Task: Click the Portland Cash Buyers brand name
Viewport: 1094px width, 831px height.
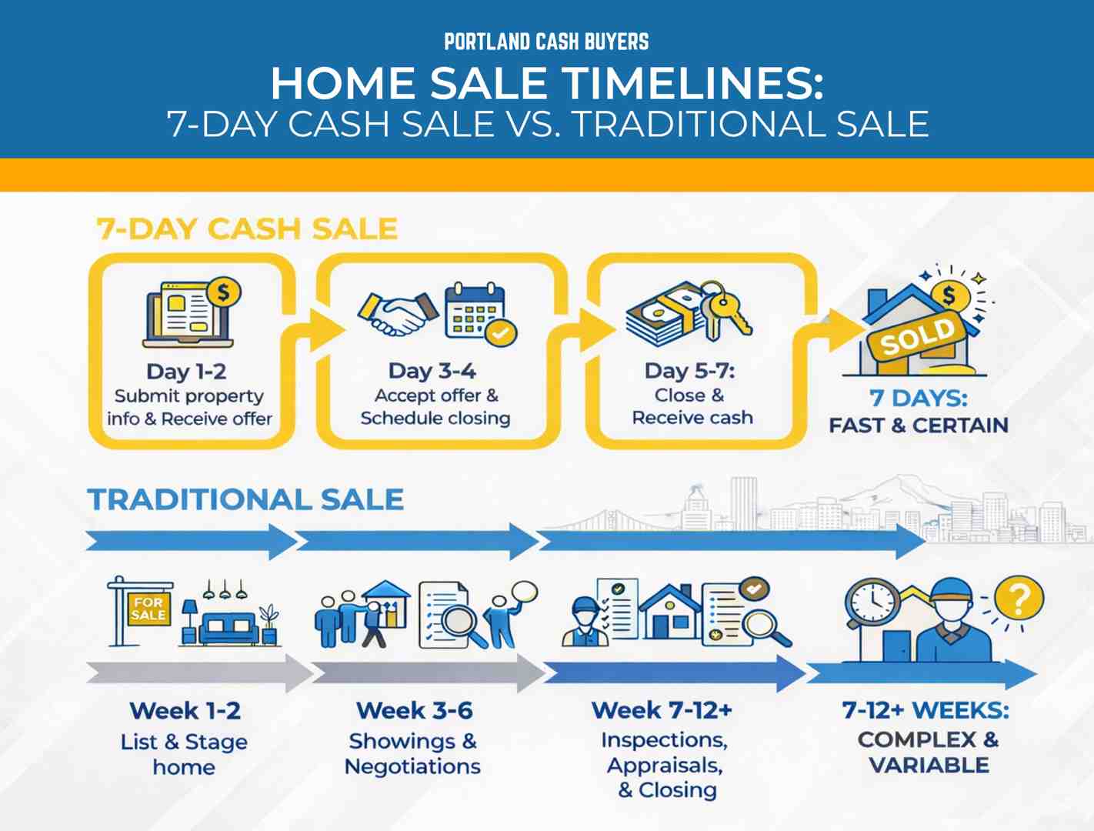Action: [x=546, y=42]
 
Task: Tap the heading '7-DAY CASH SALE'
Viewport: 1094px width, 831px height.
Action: [x=247, y=229]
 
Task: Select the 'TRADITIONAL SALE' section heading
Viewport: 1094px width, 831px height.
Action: [x=245, y=499]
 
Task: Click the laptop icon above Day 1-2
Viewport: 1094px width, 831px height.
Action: [x=188, y=315]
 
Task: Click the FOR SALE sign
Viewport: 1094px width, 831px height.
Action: [x=148, y=609]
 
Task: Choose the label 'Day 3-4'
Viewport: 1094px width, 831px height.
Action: [x=432, y=371]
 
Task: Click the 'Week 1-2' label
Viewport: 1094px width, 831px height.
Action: [x=185, y=710]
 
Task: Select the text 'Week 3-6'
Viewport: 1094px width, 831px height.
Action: [x=414, y=710]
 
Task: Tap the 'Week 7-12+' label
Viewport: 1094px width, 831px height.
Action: [x=662, y=709]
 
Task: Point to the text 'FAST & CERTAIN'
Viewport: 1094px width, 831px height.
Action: [x=918, y=425]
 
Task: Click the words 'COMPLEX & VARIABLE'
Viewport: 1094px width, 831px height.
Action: [x=928, y=752]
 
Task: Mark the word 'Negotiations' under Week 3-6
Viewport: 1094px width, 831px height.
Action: [x=412, y=766]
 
